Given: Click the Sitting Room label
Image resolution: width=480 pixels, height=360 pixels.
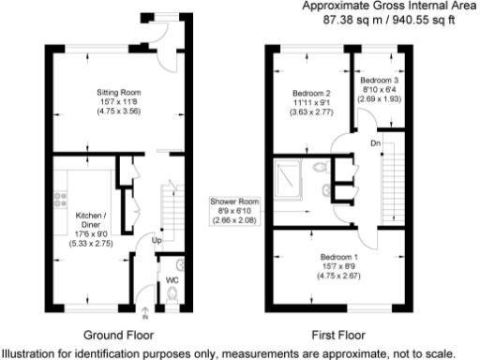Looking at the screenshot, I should [118, 92].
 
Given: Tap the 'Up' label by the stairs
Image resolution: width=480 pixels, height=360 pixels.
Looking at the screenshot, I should [157, 240].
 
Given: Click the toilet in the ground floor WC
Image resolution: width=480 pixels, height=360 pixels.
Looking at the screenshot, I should [171, 298].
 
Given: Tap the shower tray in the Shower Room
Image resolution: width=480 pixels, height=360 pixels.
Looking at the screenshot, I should [287, 175].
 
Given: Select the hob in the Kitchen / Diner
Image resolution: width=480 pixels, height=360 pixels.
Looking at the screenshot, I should [62, 197].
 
